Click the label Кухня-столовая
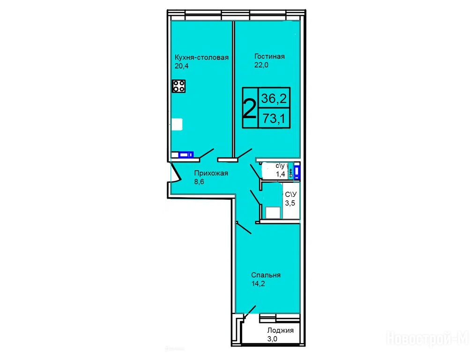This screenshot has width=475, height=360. (x=201, y=57)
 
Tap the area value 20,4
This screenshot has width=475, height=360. (x=181, y=66)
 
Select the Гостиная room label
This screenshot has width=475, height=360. (x=269, y=56)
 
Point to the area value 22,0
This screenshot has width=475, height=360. (x=261, y=65)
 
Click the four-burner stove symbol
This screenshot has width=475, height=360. (x=179, y=86)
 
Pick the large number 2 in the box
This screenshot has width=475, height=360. (x=250, y=109)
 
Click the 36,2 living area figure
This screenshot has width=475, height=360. (x=274, y=98)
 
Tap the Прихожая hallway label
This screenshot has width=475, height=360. (x=211, y=173)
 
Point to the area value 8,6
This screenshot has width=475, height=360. (x=200, y=182)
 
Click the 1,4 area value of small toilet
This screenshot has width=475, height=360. (x=280, y=174)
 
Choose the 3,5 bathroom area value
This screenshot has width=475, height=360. (x=290, y=203)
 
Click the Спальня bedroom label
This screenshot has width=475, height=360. (x=266, y=276)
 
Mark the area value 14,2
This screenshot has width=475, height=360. (x=258, y=284)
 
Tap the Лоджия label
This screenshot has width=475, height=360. (x=280, y=330)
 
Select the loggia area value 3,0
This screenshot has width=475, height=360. (x=272, y=339)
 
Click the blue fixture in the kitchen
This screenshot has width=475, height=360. (x=186, y=155)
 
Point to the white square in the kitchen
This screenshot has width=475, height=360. (x=177, y=124)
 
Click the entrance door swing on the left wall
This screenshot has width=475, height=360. (x=176, y=172)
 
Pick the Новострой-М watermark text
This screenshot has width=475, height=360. (x=427, y=338)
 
